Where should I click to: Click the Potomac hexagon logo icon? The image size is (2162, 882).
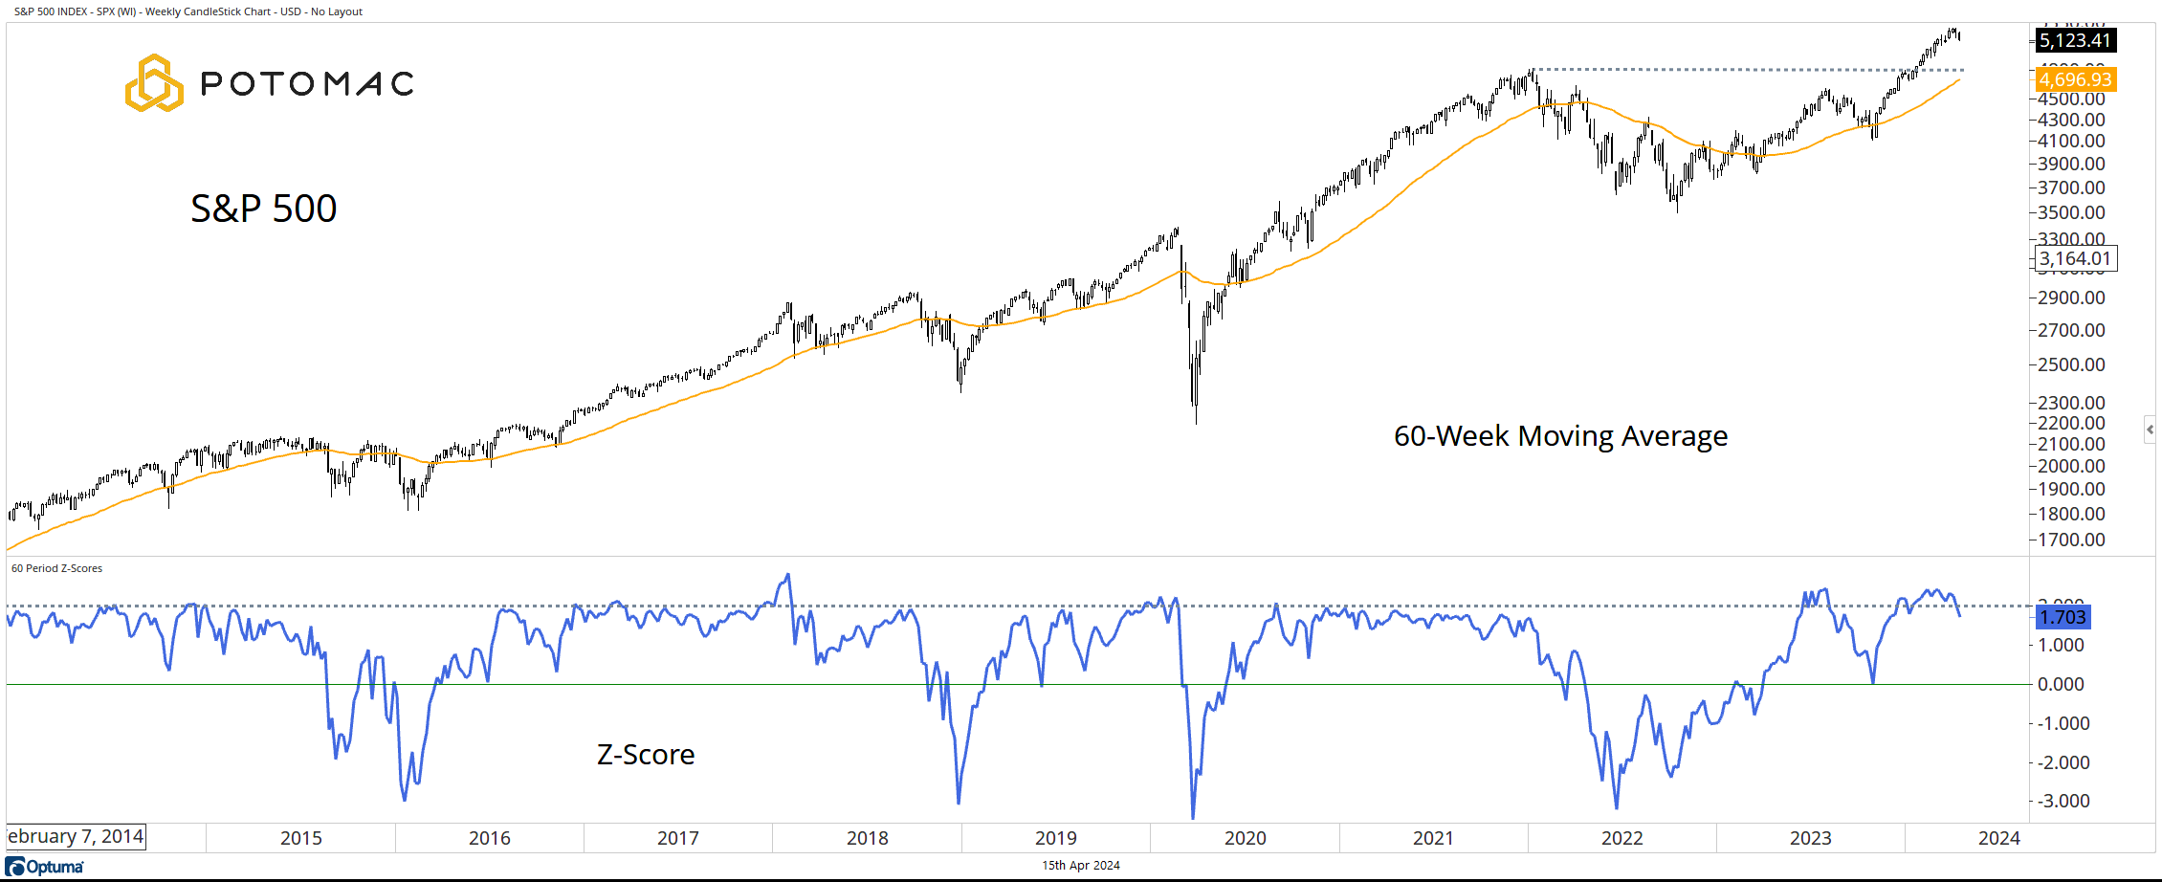(x=154, y=83)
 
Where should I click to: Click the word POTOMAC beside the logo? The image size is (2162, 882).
(x=307, y=84)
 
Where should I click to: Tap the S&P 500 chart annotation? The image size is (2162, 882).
(x=264, y=209)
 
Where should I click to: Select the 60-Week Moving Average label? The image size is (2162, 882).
(x=1560, y=436)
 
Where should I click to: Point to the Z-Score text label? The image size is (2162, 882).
(x=646, y=755)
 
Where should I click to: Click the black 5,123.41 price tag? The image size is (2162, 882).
(x=2075, y=40)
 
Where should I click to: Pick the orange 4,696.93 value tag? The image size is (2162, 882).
(x=2075, y=79)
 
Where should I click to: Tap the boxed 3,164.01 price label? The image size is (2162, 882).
(x=2075, y=258)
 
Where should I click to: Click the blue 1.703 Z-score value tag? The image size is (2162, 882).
(x=2063, y=617)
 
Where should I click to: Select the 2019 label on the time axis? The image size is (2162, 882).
(x=1055, y=838)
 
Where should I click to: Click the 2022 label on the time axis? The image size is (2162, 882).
(x=1621, y=838)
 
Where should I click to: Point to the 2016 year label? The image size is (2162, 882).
(x=489, y=838)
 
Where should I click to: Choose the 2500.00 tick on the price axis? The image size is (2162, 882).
(x=2071, y=364)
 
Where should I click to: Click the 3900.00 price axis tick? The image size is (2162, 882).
(x=2071, y=164)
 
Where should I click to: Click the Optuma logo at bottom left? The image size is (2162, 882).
(x=45, y=867)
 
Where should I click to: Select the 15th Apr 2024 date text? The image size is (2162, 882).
(x=1080, y=866)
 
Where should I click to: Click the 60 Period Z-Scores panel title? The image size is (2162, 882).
(x=56, y=568)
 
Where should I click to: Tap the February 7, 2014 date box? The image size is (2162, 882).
(x=76, y=837)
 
